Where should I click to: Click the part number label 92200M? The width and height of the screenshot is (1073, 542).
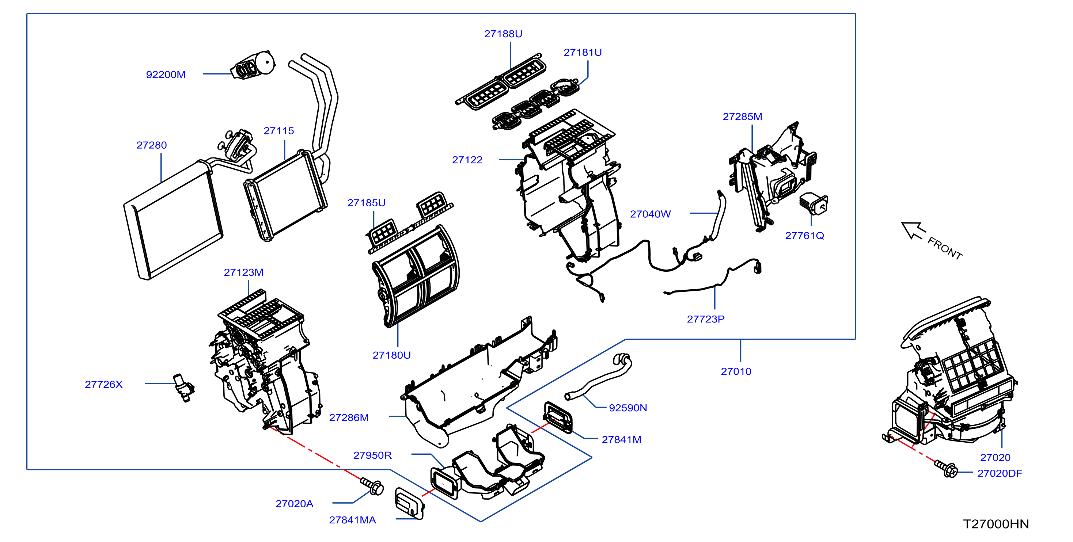click(166, 75)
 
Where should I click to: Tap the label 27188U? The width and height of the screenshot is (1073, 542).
click(503, 34)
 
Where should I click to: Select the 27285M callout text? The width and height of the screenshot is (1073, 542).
click(742, 117)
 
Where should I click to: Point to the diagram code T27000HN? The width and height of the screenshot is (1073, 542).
click(996, 524)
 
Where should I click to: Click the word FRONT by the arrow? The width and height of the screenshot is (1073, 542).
click(945, 248)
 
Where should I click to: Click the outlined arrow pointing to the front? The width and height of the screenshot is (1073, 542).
click(913, 230)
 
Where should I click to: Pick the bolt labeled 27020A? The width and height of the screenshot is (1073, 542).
click(372, 486)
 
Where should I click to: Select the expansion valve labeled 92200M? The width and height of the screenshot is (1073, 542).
click(253, 66)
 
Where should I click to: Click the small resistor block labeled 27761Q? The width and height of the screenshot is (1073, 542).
click(814, 203)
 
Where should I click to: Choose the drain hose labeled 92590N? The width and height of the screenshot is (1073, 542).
click(598, 377)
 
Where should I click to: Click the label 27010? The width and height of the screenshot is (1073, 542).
click(736, 371)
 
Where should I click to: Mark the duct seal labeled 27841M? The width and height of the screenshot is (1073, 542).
click(558, 417)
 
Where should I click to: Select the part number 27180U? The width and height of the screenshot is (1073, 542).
click(391, 355)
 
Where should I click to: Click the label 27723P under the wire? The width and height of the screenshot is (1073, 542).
click(706, 319)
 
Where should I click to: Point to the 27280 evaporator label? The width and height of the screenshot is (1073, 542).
click(152, 145)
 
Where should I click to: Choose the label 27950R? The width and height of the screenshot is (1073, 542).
click(372, 455)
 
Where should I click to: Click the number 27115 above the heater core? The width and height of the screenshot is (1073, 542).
click(278, 131)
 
